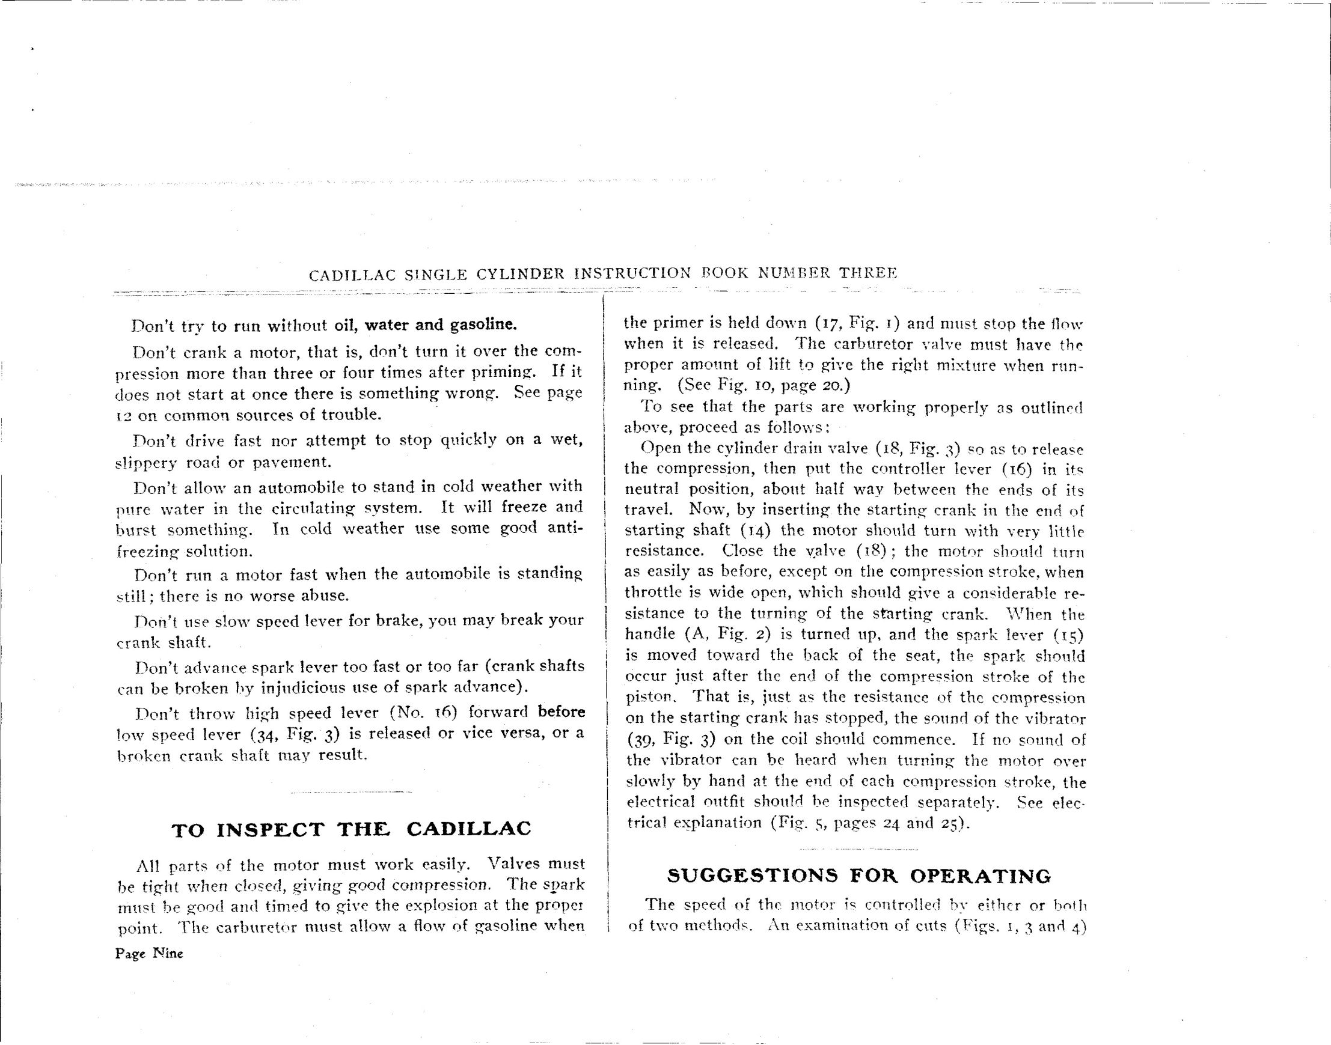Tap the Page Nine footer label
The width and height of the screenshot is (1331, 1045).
pos(148,953)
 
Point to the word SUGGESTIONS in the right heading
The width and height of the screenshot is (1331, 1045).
pos(752,876)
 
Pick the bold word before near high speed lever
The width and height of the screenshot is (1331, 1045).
pos(561,712)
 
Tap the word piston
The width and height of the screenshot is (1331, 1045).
pos(650,698)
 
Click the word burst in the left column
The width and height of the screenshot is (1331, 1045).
pos(136,529)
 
